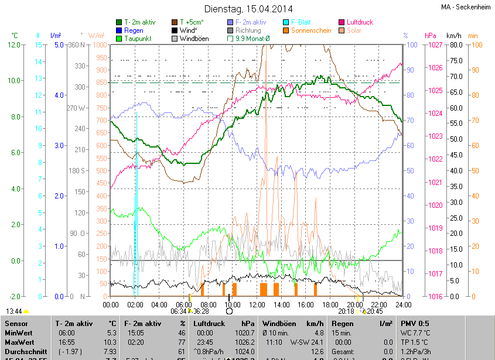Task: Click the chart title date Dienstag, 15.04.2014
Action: click(x=248, y=9)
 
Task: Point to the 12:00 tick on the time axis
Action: click(x=257, y=304)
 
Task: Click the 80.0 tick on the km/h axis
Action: click(x=455, y=45)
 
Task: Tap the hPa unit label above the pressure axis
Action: click(x=431, y=36)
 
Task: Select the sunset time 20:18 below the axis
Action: click(x=346, y=311)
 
